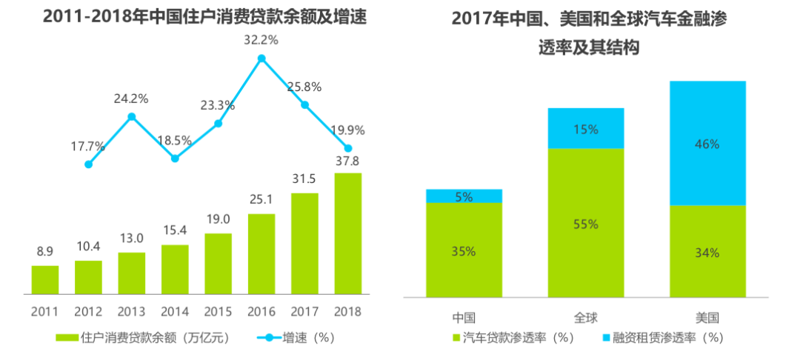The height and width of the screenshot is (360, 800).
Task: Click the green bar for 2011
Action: point(45,280)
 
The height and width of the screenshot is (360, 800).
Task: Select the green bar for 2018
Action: point(348,233)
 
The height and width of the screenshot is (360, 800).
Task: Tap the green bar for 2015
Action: point(219,264)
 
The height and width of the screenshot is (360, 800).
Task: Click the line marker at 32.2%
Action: point(261,59)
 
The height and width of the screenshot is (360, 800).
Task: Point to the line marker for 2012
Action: point(89,164)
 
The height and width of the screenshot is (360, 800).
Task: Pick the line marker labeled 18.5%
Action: point(175,159)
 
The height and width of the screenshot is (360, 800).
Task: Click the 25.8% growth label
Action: point(304,87)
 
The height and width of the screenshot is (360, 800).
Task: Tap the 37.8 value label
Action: point(348,161)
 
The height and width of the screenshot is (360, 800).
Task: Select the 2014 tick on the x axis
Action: point(175,312)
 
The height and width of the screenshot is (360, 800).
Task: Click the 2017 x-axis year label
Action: point(304,312)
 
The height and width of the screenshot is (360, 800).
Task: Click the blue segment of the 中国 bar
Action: point(464,196)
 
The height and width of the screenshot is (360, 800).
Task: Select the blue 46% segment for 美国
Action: point(707,143)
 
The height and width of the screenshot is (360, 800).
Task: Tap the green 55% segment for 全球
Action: point(586,223)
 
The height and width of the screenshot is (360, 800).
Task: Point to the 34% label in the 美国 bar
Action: point(707,253)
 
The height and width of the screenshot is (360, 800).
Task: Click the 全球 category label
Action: point(586,319)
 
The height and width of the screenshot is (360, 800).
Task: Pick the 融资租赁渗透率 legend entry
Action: point(662,338)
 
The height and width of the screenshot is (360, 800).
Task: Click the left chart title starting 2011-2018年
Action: point(205,17)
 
